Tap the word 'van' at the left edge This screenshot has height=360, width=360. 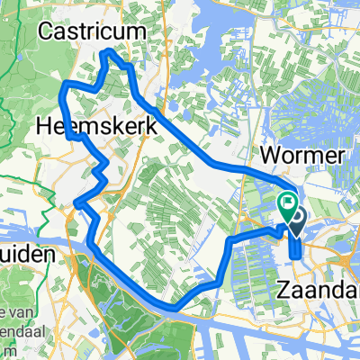(13, 287)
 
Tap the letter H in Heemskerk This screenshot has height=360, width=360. (45, 128)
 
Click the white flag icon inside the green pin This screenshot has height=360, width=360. (289, 202)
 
